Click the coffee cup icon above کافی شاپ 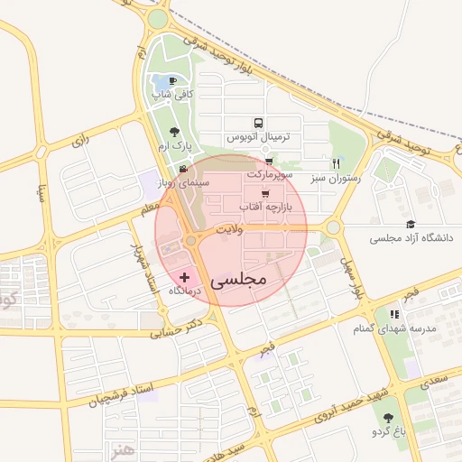point(172,81)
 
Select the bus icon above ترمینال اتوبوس point(259,123)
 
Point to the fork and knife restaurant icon point(337,163)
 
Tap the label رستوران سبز point(335,179)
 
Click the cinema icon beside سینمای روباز point(183,169)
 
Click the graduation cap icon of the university point(411,225)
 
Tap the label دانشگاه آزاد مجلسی point(410,239)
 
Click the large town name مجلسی point(239,280)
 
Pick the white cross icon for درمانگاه point(184,276)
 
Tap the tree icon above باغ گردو point(389,418)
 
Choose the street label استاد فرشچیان point(123,393)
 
